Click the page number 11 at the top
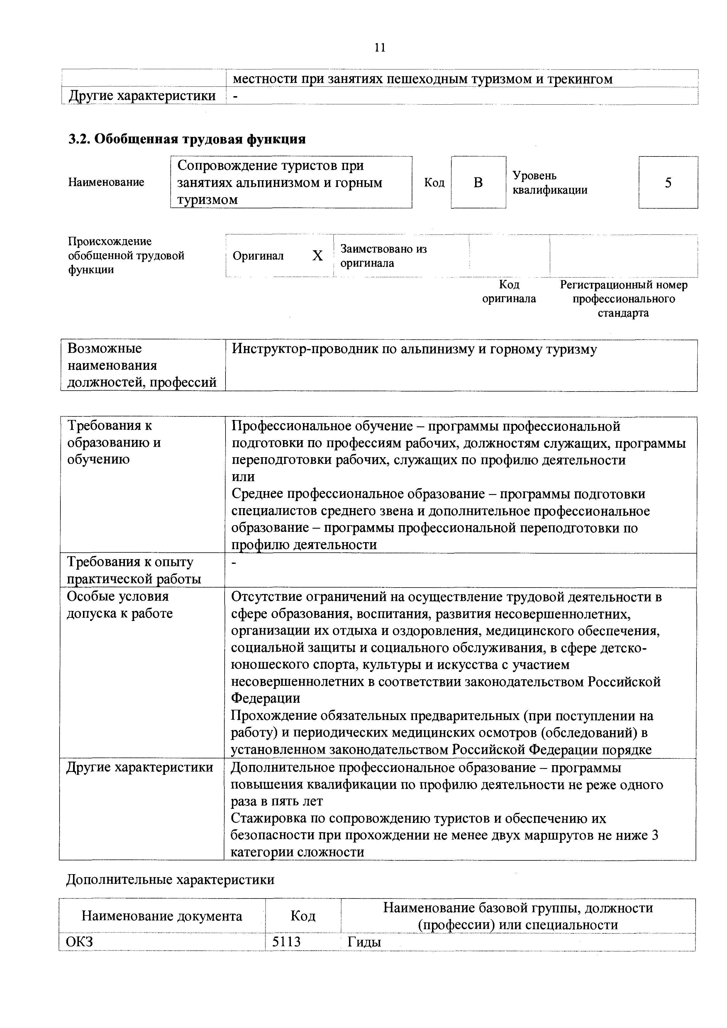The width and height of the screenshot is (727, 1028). (380, 48)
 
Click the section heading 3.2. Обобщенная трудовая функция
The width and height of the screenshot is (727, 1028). (187, 139)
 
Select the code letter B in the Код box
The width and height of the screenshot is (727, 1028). (478, 183)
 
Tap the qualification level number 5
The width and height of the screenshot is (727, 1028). (668, 183)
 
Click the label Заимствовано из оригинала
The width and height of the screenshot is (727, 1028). (383, 256)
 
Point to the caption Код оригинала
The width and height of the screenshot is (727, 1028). (509, 292)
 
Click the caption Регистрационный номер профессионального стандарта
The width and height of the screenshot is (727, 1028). (623, 299)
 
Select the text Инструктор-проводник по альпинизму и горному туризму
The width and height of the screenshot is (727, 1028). (414, 350)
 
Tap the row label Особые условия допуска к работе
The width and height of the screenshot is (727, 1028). (120, 605)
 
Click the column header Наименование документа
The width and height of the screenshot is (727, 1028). (162, 916)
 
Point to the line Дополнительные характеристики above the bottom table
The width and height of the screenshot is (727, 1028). (170, 880)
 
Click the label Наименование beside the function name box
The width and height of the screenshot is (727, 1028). (106, 182)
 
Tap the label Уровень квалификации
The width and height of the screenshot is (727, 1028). (550, 183)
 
